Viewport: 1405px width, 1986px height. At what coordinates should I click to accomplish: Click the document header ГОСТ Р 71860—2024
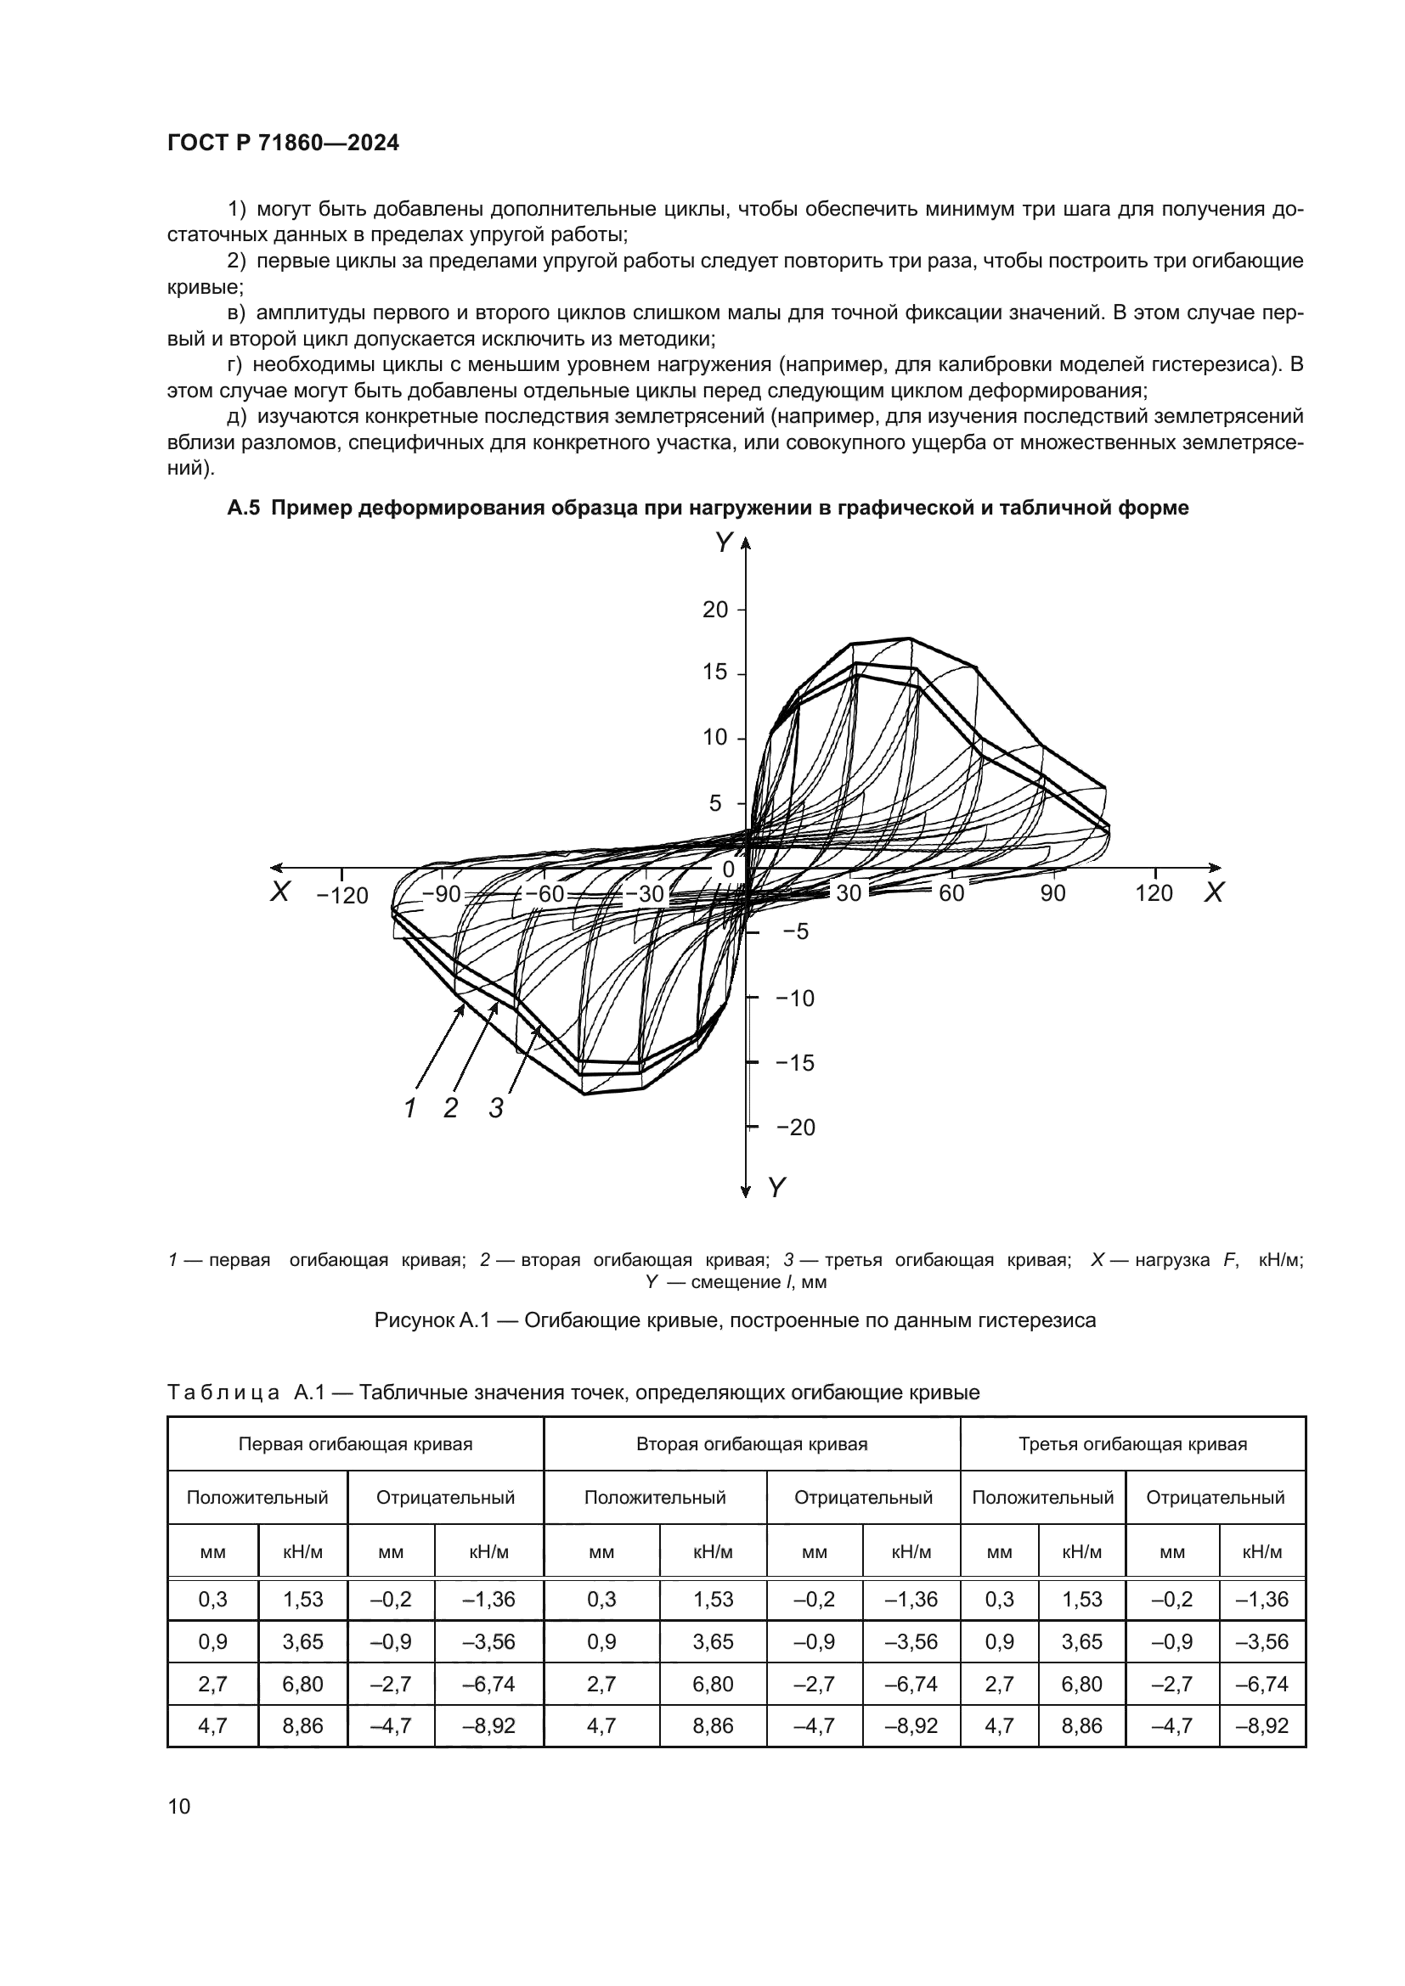[x=283, y=143]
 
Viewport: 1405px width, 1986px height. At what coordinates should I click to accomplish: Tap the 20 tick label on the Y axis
[x=714, y=610]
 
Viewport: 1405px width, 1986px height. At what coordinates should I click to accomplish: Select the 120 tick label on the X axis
[x=1154, y=893]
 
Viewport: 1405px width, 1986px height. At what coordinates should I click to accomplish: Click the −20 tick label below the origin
[x=795, y=1127]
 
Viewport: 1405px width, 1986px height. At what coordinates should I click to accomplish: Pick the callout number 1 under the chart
[x=411, y=1108]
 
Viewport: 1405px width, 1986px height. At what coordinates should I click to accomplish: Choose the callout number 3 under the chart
[x=496, y=1108]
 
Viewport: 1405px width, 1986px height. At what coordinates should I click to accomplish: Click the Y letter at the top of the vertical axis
[x=722, y=543]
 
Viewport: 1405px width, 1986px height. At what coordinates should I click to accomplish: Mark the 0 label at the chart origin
[x=728, y=869]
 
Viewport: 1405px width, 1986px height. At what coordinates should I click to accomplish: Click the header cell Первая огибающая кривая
[x=356, y=1443]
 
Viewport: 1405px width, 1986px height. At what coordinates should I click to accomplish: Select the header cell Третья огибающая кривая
[x=1132, y=1443]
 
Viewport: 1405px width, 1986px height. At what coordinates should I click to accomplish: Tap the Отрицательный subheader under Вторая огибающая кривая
[x=862, y=1497]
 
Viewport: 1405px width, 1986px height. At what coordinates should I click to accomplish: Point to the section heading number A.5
[x=243, y=508]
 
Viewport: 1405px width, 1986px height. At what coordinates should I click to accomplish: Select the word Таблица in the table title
[x=223, y=1392]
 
